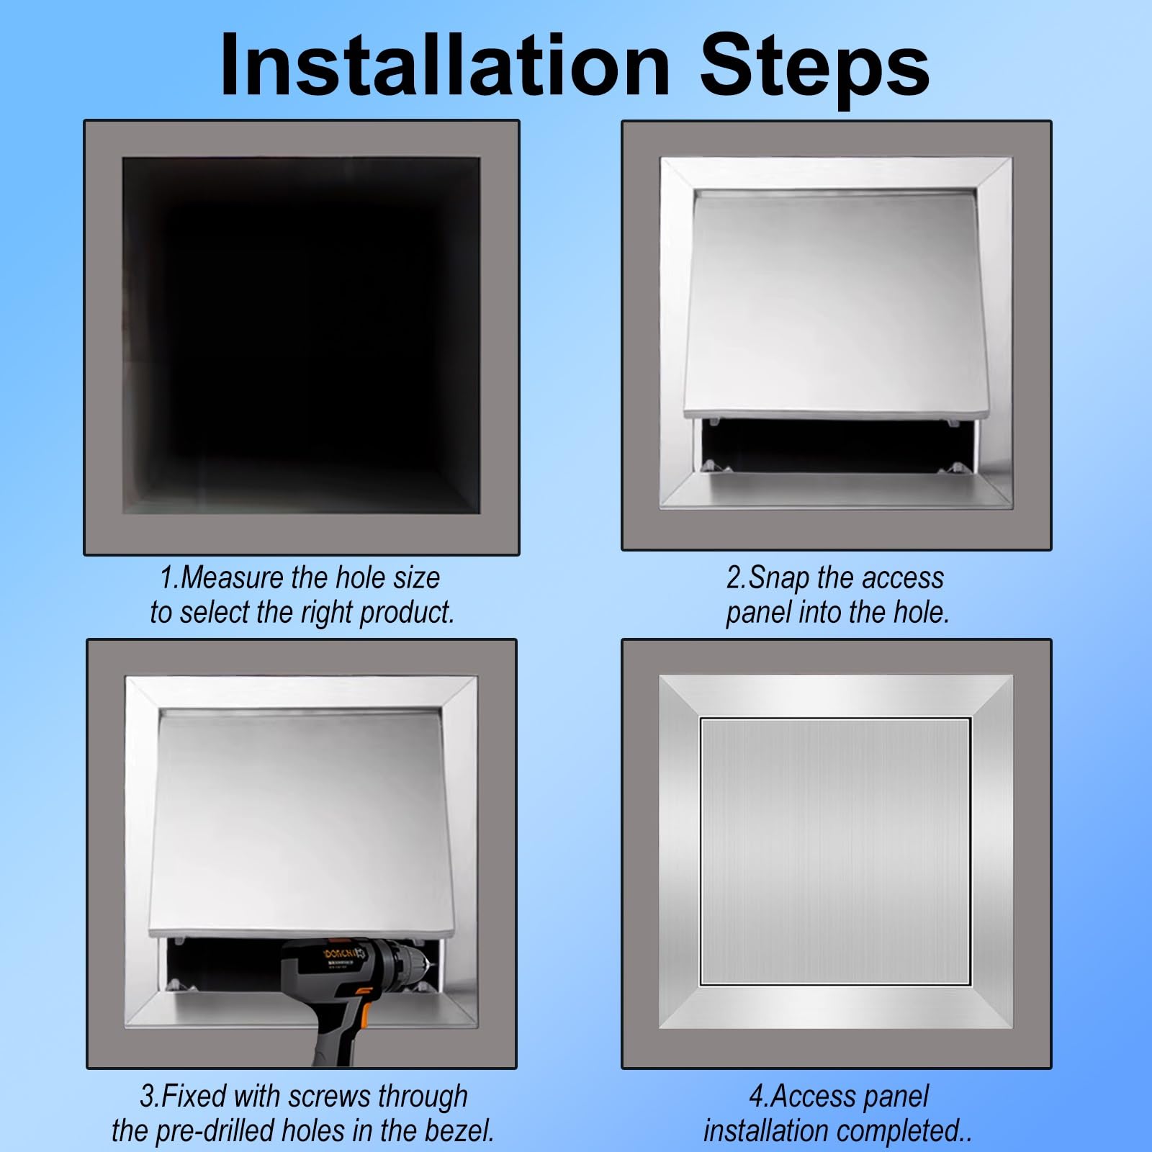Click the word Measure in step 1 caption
point(233,577)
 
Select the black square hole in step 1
point(301,336)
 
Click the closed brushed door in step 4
point(835,852)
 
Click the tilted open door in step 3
point(302,821)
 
